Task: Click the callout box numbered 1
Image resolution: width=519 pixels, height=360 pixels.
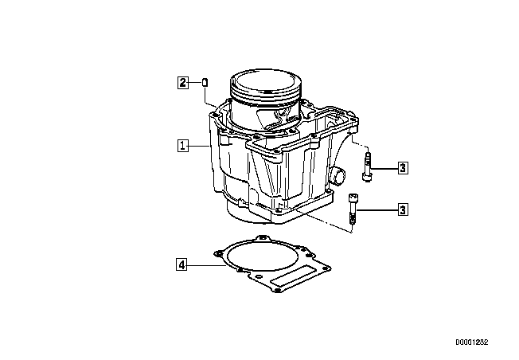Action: [x=183, y=146]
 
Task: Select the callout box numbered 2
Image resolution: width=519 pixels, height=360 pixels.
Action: [x=183, y=83]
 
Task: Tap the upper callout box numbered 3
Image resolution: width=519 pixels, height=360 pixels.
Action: [x=403, y=168]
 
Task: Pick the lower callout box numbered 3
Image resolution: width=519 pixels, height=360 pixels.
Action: [x=403, y=209]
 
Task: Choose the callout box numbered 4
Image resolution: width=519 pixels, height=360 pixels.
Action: [x=181, y=265]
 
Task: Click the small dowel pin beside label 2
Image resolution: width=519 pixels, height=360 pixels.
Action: [x=205, y=82]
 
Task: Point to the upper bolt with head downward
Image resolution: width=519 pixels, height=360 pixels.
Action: [x=368, y=167]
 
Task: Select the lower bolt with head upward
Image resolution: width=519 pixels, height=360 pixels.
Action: [x=353, y=209]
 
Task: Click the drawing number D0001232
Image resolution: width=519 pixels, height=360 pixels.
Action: [x=471, y=342]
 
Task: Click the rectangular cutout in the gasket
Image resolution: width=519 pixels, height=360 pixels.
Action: [x=292, y=276]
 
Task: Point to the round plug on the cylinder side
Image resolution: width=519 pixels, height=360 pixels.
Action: [x=338, y=175]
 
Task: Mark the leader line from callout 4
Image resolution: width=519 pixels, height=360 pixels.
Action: [x=206, y=265]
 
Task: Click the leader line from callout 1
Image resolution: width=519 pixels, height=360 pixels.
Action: [x=198, y=146]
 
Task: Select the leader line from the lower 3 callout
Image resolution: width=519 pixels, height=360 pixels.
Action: [x=377, y=209]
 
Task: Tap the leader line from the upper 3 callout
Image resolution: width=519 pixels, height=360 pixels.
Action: [x=385, y=168]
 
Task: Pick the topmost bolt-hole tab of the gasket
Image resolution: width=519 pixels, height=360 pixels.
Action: [x=263, y=238]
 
